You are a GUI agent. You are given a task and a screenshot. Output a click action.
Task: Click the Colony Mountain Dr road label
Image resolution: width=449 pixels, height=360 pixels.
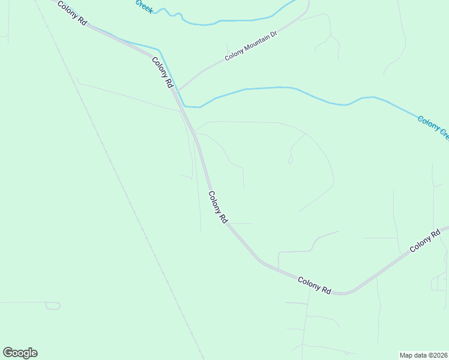click(x=251, y=47)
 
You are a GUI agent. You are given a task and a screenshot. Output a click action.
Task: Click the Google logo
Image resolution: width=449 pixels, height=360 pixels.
click(x=20, y=353)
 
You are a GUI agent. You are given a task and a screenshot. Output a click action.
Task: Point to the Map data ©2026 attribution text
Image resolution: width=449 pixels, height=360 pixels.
click(x=424, y=355)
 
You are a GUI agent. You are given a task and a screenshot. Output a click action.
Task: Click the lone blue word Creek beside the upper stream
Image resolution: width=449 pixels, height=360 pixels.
click(x=144, y=6)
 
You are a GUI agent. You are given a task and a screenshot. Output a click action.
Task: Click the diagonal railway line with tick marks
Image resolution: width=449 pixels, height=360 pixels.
click(x=120, y=180)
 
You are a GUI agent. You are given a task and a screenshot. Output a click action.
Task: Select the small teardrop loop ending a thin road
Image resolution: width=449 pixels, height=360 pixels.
click(x=291, y=160)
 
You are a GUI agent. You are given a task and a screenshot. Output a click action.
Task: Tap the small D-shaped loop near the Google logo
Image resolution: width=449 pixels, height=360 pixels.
click(x=53, y=305)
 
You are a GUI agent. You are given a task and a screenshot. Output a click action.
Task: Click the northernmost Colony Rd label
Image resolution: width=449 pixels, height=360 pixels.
click(x=73, y=13)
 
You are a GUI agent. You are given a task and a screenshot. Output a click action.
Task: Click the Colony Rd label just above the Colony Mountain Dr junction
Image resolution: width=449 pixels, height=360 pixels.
click(x=162, y=73)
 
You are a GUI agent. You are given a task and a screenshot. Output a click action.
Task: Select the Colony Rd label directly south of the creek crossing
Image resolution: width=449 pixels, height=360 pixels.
click(x=218, y=207)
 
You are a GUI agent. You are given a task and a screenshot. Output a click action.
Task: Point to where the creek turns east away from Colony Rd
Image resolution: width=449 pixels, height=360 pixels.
click(x=192, y=107)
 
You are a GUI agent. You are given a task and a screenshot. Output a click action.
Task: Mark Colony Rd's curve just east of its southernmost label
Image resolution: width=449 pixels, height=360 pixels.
click(x=345, y=293)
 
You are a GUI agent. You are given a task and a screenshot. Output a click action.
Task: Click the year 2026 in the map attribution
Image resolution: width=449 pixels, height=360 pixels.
click(x=440, y=355)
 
